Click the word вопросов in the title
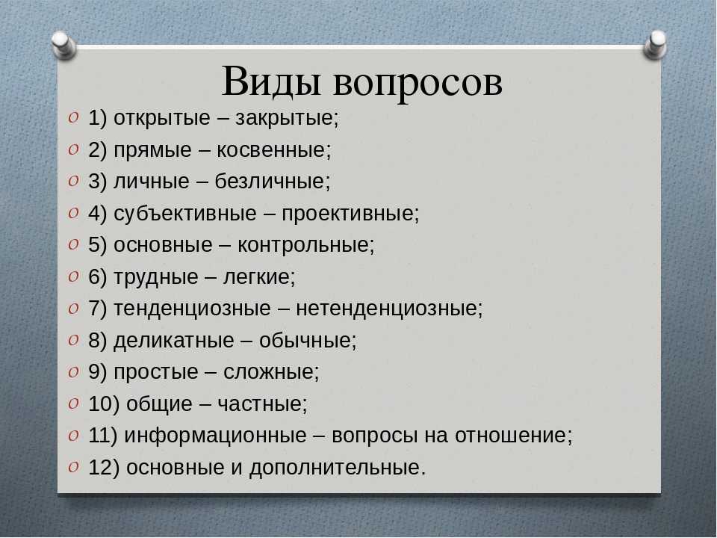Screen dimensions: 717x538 [x=418, y=85]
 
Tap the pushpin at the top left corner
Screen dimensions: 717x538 [x=64, y=45]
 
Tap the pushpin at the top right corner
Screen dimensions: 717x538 [x=655, y=44]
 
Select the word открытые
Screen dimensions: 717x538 [x=161, y=119]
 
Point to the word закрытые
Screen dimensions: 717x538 [x=287, y=119]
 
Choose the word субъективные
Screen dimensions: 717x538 [x=184, y=214]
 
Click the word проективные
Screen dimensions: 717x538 [x=350, y=214]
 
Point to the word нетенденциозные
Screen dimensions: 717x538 [x=389, y=309]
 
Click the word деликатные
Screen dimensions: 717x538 [x=174, y=341]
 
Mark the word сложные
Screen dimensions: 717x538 [x=271, y=372]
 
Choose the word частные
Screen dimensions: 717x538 [x=262, y=404]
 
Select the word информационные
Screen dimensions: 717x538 [x=215, y=436]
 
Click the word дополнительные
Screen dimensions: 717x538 [x=338, y=468]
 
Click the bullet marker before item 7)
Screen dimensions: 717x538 [x=73, y=308]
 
